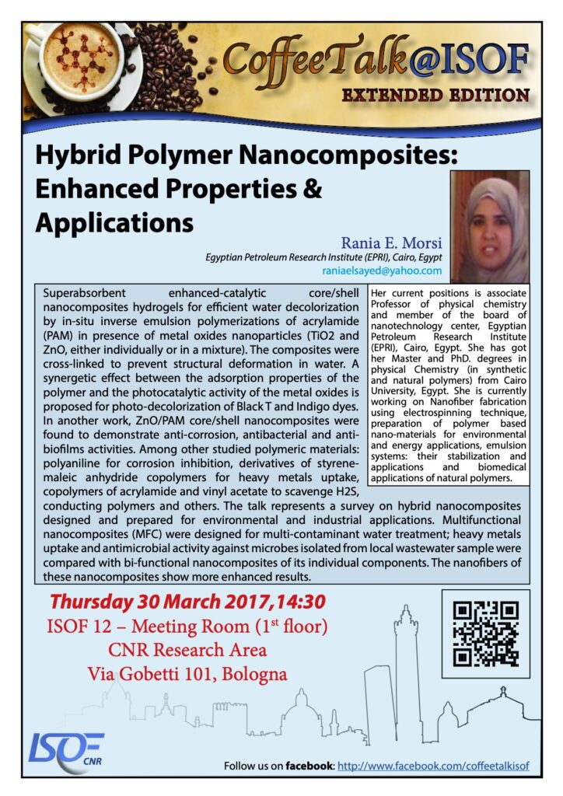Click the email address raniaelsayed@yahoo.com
(x=381, y=271)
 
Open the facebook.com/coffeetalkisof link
(x=442, y=766)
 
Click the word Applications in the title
(x=114, y=222)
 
